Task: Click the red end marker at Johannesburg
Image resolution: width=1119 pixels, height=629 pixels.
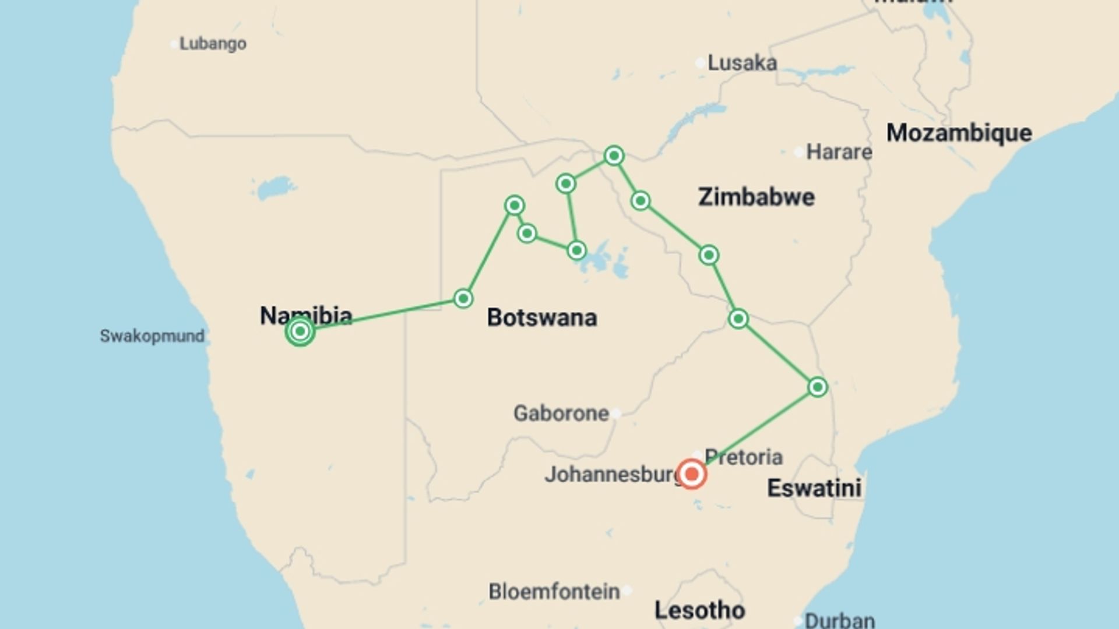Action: click(692, 473)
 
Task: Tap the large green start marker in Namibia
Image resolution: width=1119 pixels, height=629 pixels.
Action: click(300, 331)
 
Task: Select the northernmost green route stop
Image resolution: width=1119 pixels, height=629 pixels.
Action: click(614, 156)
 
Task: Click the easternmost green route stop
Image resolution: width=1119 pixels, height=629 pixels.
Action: click(817, 387)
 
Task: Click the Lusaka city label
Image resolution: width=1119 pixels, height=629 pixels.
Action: click(742, 63)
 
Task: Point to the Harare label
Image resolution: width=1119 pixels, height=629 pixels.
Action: click(839, 152)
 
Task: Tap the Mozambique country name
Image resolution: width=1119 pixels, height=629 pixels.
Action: click(959, 133)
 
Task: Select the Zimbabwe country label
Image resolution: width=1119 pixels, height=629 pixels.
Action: click(756, 197)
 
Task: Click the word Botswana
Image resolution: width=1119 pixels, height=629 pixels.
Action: click(541, 318)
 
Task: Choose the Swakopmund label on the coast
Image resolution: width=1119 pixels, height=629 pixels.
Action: click(152, 336)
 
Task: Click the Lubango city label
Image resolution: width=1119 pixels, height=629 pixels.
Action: click(213, 44)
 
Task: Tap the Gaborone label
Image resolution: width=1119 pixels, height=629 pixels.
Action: click(561, 414)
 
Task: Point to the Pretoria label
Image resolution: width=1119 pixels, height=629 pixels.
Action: click(743, 457)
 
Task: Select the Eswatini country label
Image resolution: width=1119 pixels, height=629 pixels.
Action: click(814, 488)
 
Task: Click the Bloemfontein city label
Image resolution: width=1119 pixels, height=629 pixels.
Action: click(554, 592)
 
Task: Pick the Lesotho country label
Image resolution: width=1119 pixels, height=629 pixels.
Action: click(699, 610)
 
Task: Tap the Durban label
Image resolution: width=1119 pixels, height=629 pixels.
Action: click(839, 620)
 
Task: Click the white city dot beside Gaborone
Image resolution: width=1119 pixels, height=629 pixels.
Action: click(616, 414)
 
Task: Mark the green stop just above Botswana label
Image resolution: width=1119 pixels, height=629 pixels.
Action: click(463, 299)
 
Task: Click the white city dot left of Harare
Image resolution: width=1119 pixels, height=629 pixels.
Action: click(798, 152)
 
